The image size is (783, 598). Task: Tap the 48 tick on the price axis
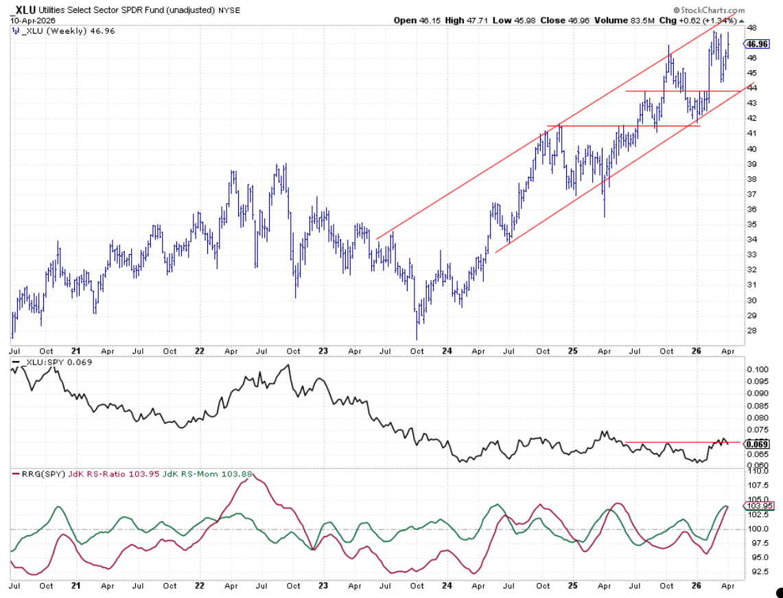click(x=751, y=28)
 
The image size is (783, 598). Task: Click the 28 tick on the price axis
click(x=751, y=330)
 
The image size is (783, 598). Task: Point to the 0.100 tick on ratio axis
click(x=757, y=369)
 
